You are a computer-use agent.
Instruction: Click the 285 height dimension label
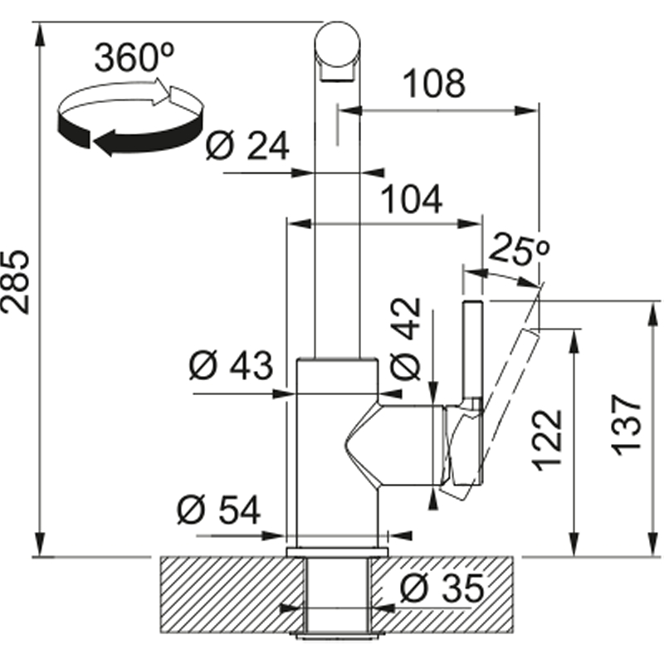pyautogui.click(x=15, y=282)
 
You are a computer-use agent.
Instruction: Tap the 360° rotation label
pyautogui.click(x=134, y=57)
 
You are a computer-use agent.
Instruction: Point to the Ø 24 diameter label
pyautogui.click(x=247, y=146)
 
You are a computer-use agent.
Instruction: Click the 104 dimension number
pyautogui.click(x=412, y=199)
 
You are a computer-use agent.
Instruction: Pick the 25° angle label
pyautogui.click(x=520, y=249)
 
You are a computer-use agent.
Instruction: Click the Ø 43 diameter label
pyautogui.click(x=231, y=365)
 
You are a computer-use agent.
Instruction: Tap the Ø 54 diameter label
pyautogui.click(x=218, y=510)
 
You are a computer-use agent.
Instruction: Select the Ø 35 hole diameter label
pyautogui.click(x=442, y=588)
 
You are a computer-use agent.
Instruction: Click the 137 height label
pyautogui.click(x=627, y=425)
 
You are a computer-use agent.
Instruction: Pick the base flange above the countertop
pyautogui.click(x=338, y=552)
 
